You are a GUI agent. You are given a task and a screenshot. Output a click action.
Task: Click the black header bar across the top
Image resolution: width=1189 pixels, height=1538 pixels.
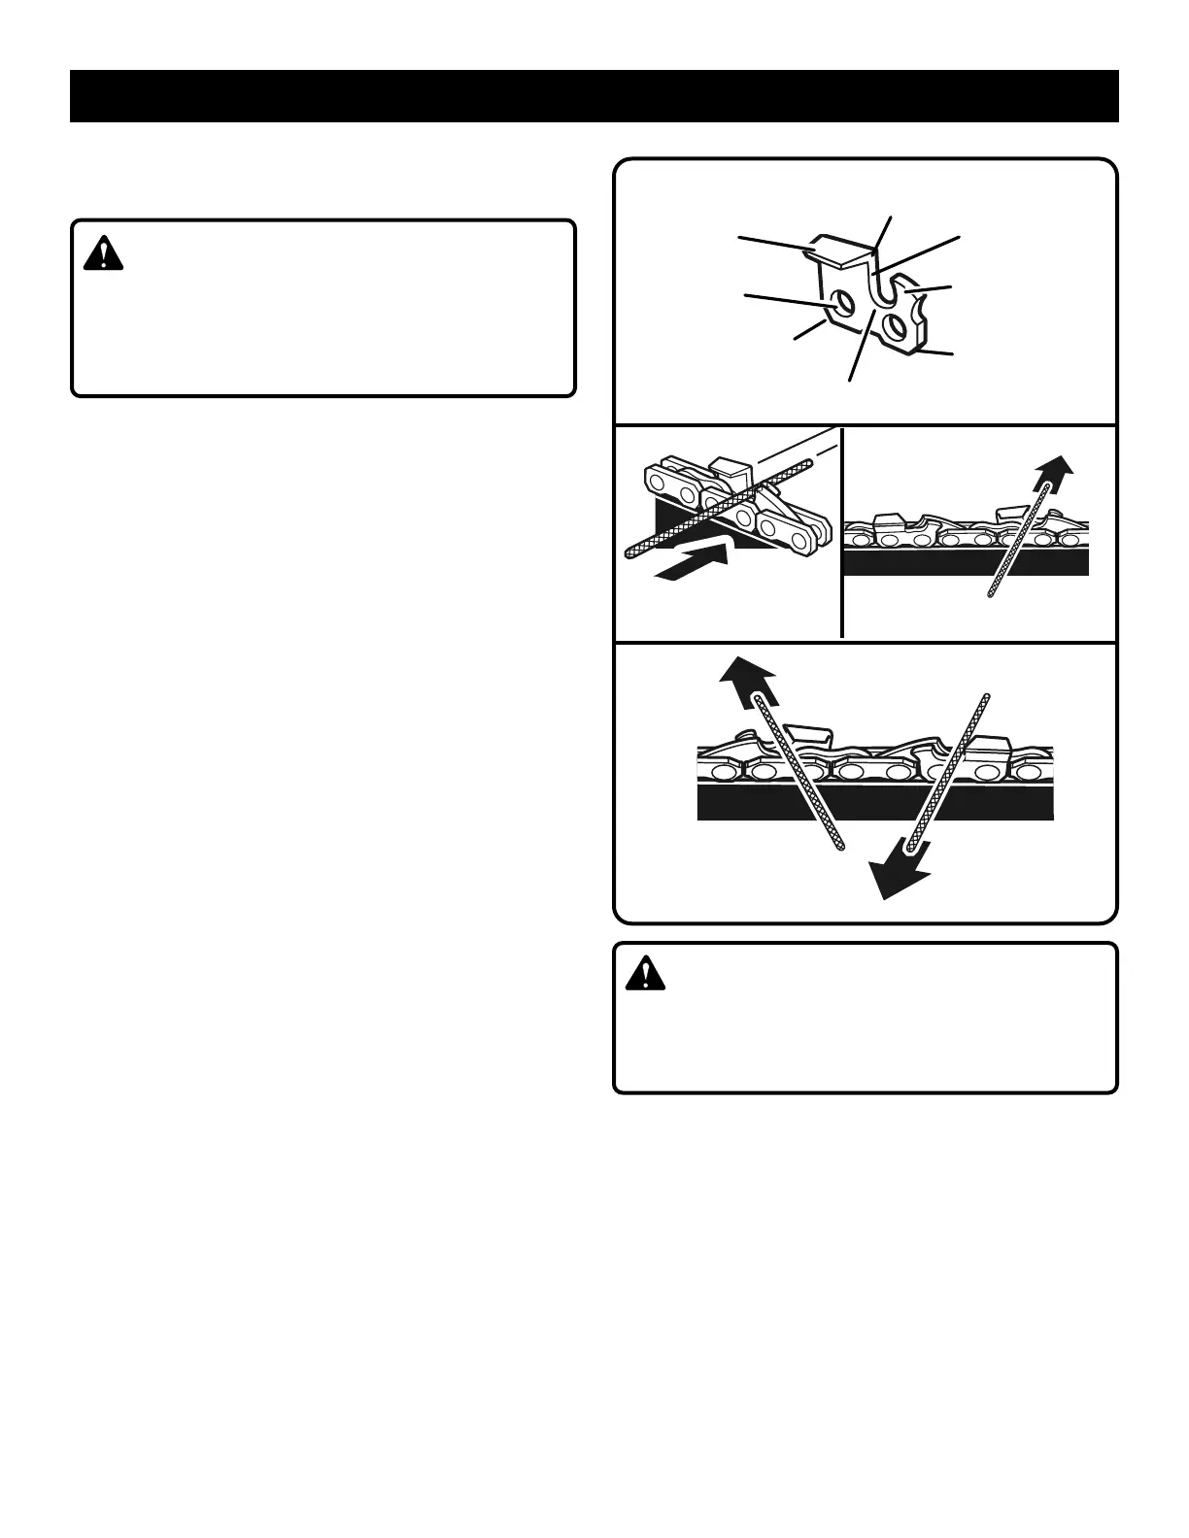pyautogui.click(x=594, y=96)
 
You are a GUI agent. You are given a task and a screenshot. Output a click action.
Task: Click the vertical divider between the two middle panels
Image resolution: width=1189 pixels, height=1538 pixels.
pyautogui.click(x=842, y=532)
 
